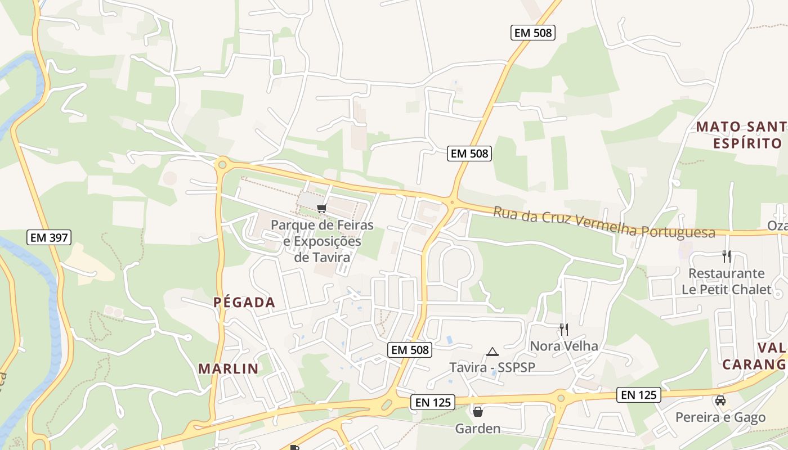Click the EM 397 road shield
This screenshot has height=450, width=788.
49,237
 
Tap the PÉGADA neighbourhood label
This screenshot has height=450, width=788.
244,303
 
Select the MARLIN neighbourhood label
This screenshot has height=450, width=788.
228,369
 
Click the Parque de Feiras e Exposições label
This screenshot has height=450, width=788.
322,241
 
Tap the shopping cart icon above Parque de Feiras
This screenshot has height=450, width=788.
322,209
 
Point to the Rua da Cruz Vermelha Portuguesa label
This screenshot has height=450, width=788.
604,223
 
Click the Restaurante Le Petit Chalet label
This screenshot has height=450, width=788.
726,281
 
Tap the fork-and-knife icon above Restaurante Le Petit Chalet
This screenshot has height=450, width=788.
727,256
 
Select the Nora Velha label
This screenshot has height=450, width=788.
564,346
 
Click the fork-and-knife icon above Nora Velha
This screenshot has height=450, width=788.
563,329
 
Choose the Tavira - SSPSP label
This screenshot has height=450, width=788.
492,367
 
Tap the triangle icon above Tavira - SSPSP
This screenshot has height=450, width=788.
492,352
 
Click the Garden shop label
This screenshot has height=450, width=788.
477,429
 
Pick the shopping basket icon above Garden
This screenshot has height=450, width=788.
478,412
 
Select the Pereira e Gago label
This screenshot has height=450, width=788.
720,417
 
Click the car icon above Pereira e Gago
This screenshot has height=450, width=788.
720,400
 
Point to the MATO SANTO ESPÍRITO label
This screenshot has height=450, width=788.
742,135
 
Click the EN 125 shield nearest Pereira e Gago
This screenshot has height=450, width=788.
639,395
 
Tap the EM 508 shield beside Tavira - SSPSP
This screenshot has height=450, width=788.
410,350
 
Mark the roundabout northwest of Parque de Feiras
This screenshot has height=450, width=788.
222,164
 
